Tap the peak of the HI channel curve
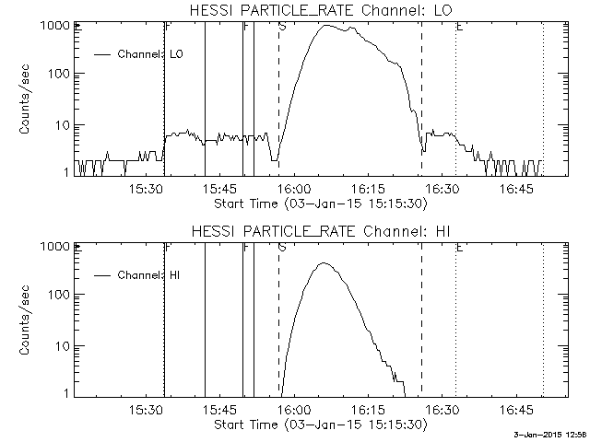324,263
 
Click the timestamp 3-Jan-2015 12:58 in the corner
549,435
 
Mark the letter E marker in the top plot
459,27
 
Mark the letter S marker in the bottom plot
281,248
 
